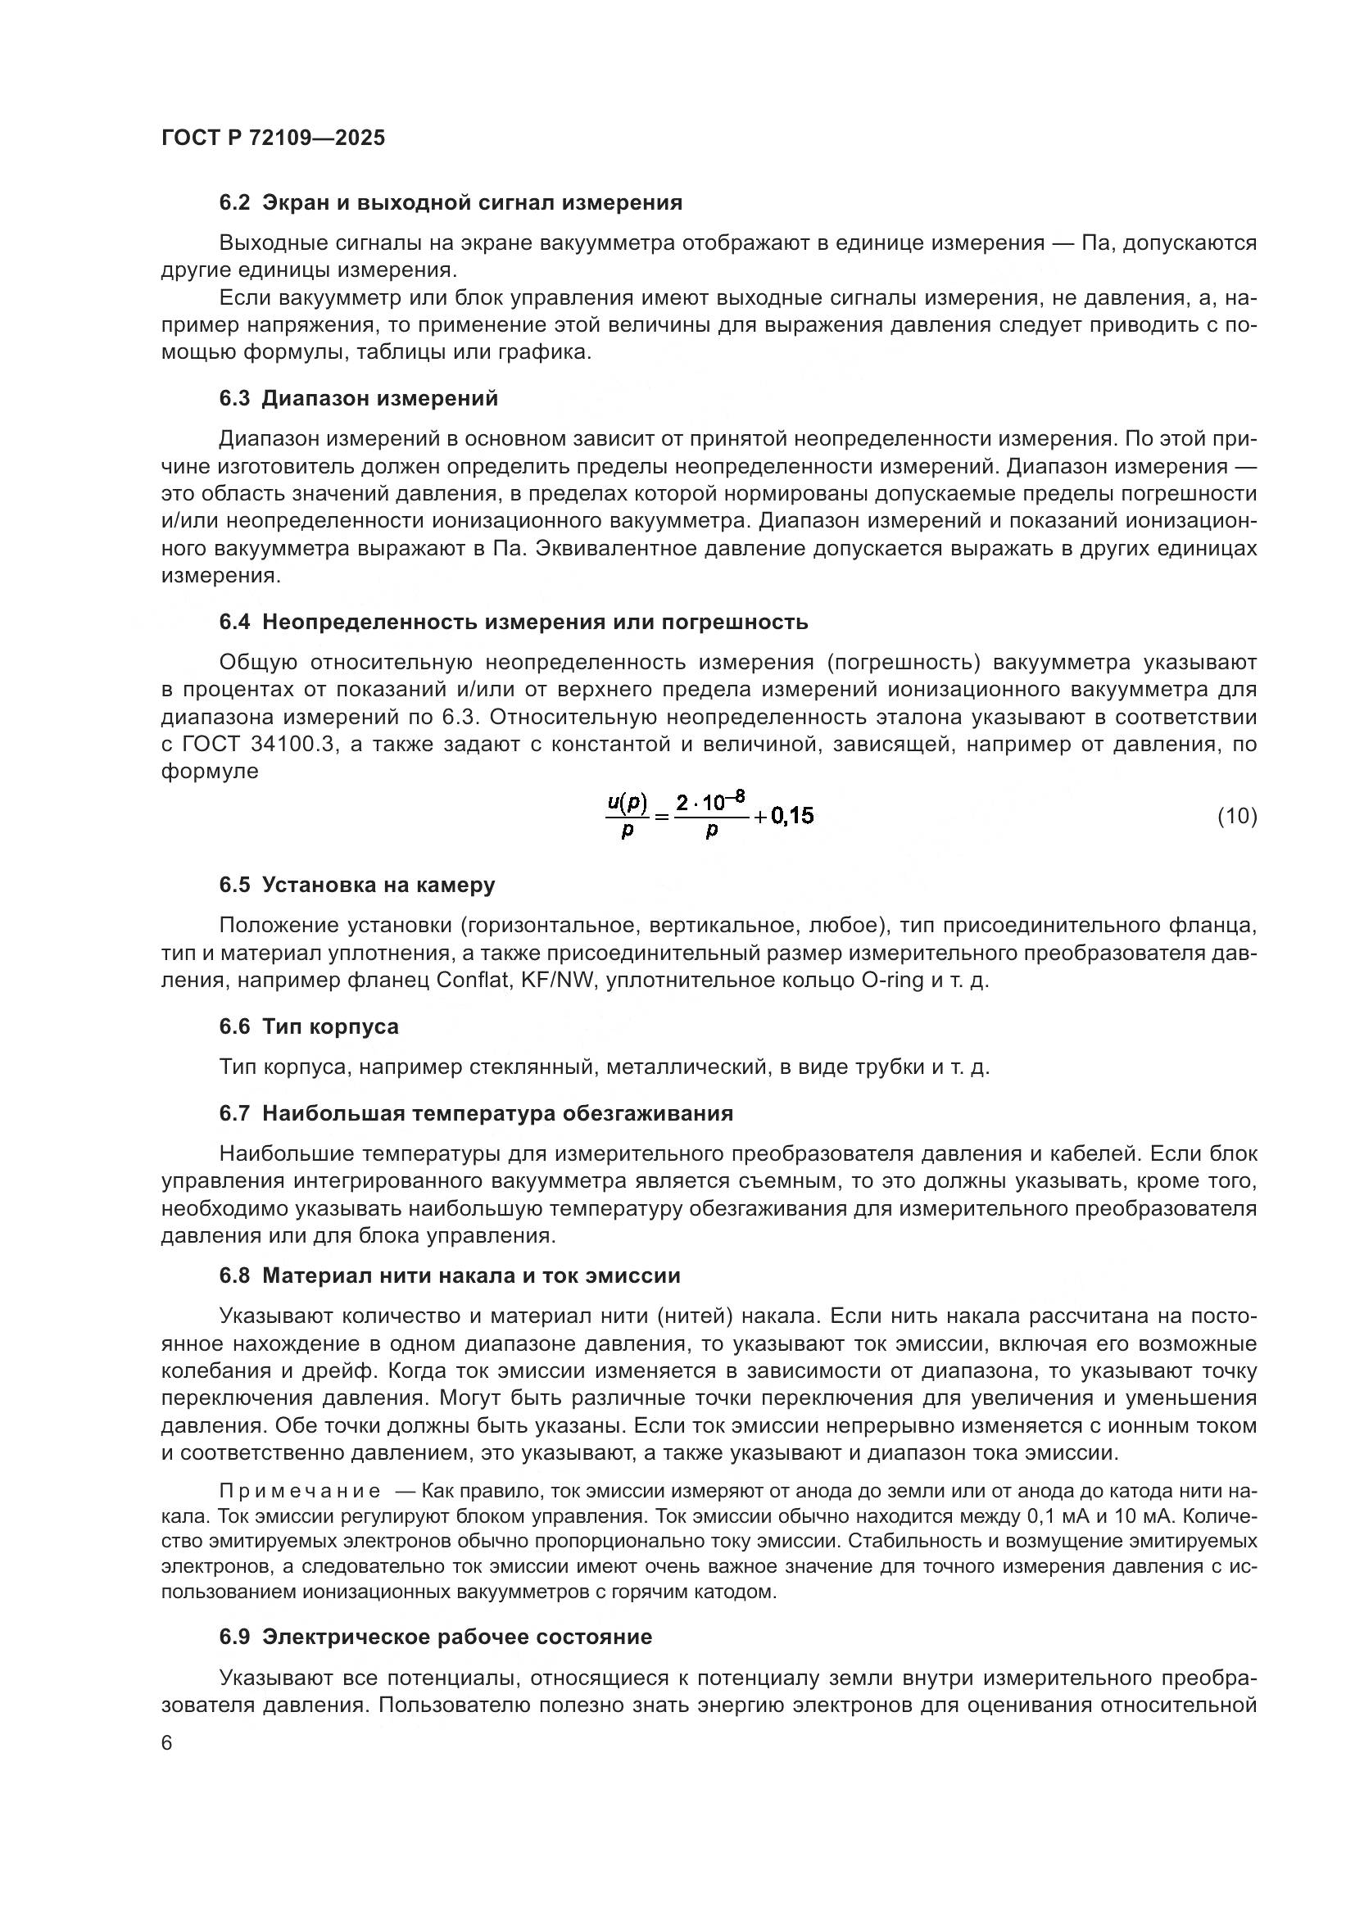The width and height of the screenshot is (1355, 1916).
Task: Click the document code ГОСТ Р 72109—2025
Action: coord(273,138)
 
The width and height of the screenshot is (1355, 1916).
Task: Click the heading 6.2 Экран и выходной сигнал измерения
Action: coord(451,203)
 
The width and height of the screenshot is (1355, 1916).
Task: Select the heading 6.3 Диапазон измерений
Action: coord(359,399)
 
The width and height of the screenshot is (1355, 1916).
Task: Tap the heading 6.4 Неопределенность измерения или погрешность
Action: coord(513,623)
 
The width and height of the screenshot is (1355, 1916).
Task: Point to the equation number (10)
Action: coord(1237,816)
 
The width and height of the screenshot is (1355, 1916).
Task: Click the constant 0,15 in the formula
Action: coord(792,816)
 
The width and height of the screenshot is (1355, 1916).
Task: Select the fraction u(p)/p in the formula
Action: coord(628,816)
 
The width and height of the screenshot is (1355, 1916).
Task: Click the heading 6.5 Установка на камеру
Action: coord(357,886)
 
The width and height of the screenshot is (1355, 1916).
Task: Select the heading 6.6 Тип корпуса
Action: coord(309,1027)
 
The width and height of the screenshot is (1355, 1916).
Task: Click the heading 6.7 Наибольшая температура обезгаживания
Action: coord(477,1114)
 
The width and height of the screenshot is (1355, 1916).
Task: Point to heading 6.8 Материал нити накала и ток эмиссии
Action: coord(450,1276)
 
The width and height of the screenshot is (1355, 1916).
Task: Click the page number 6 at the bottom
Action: coord(167,1743)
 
